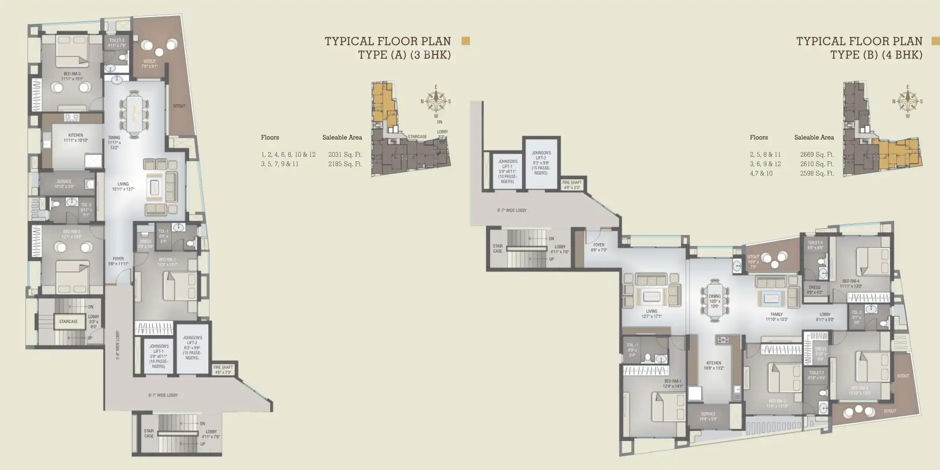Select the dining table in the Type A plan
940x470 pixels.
pyautogui.click(x=134, y=114)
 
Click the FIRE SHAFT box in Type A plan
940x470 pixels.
pyautogui.click(x=223, y=370)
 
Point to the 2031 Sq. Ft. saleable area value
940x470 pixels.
pyautogui.click(x=345, y=155)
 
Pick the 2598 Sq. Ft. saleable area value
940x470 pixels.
pyautogui.click(x=817, y=173)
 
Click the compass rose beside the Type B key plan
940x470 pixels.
pyautogui.click(x=908, y=101)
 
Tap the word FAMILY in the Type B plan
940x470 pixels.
pyautogui.click(x=777, y=315)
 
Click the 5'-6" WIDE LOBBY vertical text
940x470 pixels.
pyautogui.click(x=117, y=345)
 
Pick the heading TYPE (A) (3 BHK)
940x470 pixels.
pyautogui.click(x=404, y=55)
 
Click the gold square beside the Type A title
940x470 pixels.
pyautogui.click(x=466, y=41)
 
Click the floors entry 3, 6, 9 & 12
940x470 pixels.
pyautogui.click(x=765, y=164)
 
